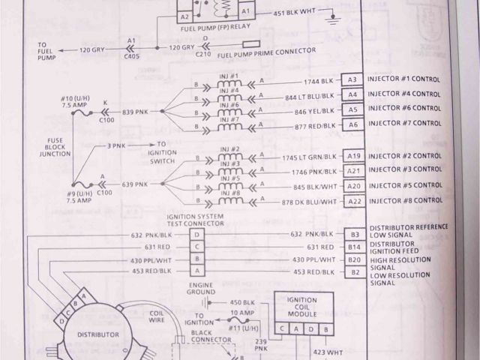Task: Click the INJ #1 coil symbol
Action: tap(229, 82)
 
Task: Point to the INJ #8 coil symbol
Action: tap(229, 202)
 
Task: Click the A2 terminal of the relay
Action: tap(184, 14)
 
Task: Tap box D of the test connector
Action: tap(196, 234)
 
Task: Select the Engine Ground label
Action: tap(202, 290)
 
